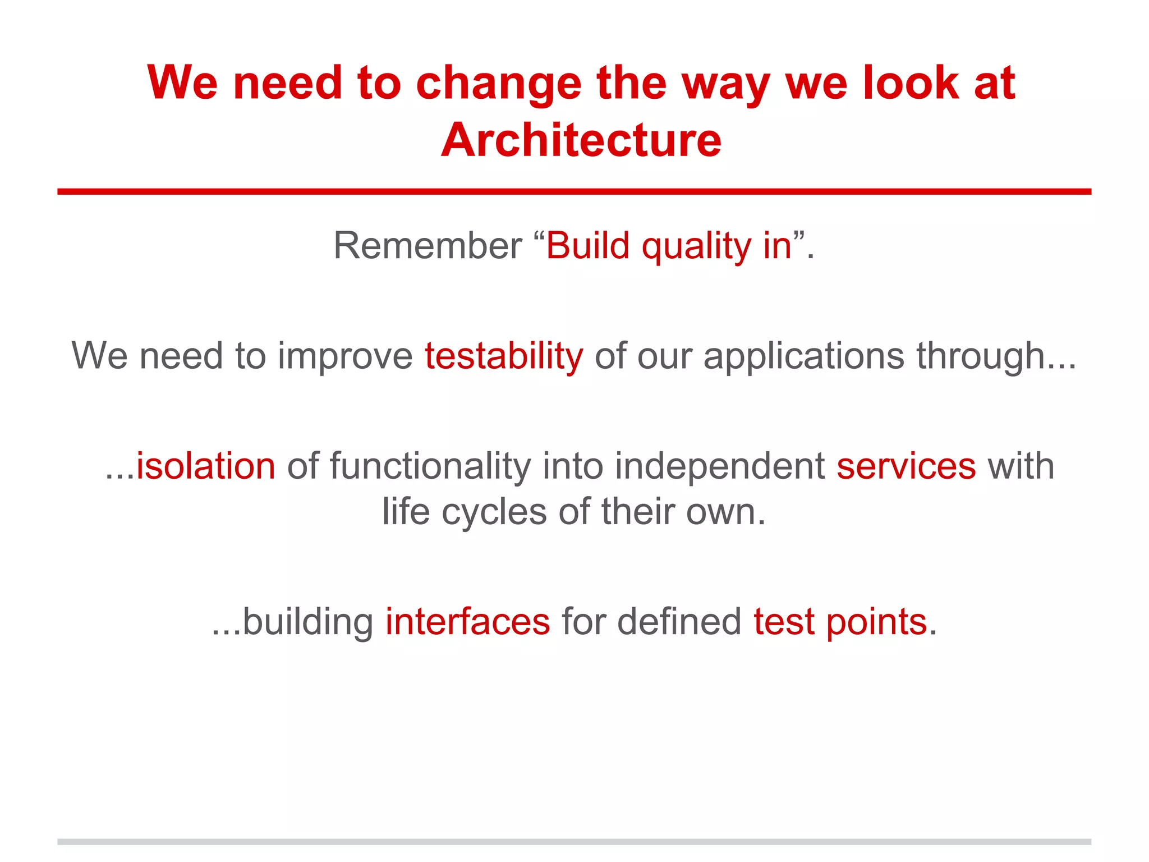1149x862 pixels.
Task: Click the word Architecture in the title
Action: pyautogui.click(x=581, y=140)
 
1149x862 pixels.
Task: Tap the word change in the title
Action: pyautogui.click(x=498, y=83)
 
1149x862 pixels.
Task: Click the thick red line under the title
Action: pyautogui.click(x=574, y=192)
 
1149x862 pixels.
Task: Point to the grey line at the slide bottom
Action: pyautogui.click(x=574, y=841)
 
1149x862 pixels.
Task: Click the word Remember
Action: pyautogui.click(x=428, y=246)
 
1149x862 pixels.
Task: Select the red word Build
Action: pyautogui.click(x=587, y=246)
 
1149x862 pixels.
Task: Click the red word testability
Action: pyautogui.click(x=503, y=356)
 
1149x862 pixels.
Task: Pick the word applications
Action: pyautogui.click(x=803, y=357)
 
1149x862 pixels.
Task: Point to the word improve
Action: pyautogui.click(x=344, y=357)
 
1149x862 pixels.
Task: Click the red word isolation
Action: pyautogui.click(x=206, y=466)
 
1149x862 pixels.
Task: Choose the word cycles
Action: pyautogui.click(x=494, y=512)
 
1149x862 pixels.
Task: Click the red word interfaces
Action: pyautogui.click(x=467, y=622)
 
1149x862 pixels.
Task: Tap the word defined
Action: pyautogui.click(x=679, y=622)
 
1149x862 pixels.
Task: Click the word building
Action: pyautogui.click(x=307, y=622)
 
